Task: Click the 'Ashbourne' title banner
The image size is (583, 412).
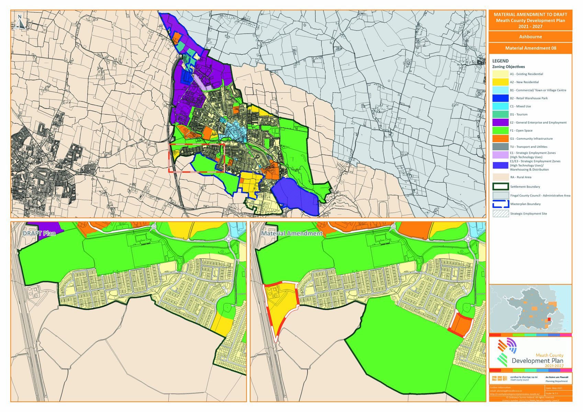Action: (x=530, y=37)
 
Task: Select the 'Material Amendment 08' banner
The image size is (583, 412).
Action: (x=530, y=48)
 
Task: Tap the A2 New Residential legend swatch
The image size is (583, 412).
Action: (x=500, y=82)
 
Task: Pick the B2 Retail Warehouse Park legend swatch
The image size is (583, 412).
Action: (x=500, y=98)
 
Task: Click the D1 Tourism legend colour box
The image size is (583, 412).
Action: (x=500, y=114)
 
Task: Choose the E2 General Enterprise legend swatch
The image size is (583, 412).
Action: (x=500, y=123)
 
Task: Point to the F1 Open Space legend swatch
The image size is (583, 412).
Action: (x=500, y=130)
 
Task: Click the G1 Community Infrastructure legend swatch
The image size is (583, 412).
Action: (x=500, y=139)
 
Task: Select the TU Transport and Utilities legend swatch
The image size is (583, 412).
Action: (x=500, y=147)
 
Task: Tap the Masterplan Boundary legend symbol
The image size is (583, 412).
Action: (x=501, y=204)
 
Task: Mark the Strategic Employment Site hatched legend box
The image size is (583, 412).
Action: (x=501, y=214)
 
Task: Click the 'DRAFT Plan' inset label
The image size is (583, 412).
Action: (x=39, y=233)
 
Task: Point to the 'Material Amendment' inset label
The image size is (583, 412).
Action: (x=292, y=233)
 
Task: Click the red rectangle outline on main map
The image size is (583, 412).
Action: (x=197, y=158)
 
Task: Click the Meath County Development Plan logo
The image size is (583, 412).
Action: (x=530, y=353)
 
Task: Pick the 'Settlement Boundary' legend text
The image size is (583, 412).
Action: (x=525, y=187)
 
